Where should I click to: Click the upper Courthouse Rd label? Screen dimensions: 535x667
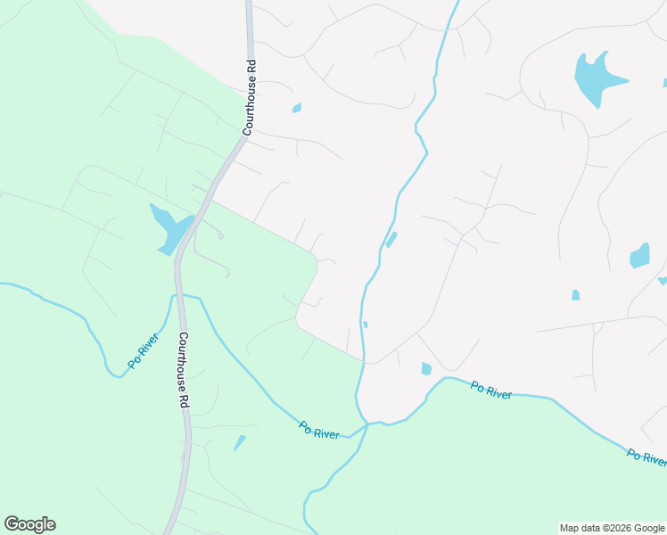pyautogui.click(x=251, y=97)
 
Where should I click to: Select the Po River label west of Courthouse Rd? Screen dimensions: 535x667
pyautogui.click(x=143, y=349)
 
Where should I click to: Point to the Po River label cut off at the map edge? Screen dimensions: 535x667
pyautogui.click(x=646, y=457)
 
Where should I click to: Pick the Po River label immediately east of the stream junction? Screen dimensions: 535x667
pyautogui.click(x=491, y=390)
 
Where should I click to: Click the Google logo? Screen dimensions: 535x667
pyautogui.click(x=29, y=524)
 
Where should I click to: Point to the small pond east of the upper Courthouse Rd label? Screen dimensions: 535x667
pyautogui.click(x=296, y=109)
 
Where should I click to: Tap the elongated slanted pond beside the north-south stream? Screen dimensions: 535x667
pyautogui.click(x=391, y=240)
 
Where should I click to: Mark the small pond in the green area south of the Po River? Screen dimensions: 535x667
pyautogui.click(x=239, y=442)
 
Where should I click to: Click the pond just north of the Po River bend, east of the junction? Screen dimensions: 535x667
pyautogui.click(x=426, y=368)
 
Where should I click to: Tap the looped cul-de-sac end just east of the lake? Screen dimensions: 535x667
pyautogui.click(x=219, y=235)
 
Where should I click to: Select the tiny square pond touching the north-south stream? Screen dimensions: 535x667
pyautogui.click(x=366, y=325)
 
